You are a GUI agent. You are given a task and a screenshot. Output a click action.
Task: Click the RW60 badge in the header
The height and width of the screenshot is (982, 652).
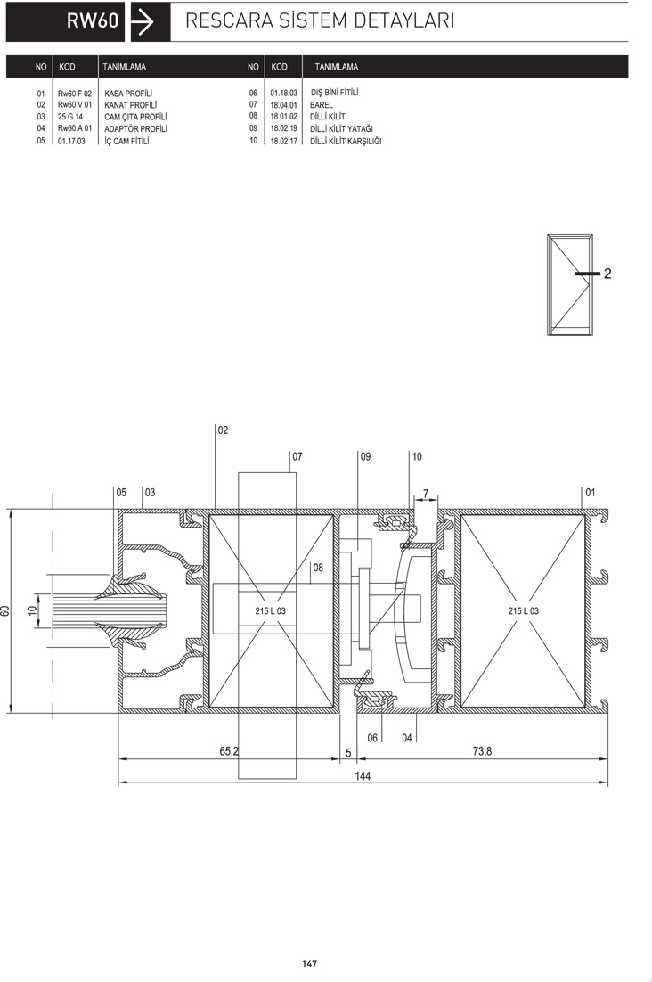65,22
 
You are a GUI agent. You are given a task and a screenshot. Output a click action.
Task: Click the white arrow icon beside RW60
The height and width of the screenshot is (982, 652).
144,22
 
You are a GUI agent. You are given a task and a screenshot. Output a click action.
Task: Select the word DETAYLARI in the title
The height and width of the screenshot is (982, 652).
403,20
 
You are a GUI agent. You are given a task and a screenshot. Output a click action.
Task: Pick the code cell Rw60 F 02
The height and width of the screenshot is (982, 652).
75,94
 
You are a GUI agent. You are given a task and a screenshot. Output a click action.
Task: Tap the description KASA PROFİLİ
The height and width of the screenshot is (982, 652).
128,94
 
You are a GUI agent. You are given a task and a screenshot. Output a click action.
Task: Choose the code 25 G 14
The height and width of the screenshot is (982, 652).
70,117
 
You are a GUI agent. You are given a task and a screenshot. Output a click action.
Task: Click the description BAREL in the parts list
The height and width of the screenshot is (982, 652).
321,105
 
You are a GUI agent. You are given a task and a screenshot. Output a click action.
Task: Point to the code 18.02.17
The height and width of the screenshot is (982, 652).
283,141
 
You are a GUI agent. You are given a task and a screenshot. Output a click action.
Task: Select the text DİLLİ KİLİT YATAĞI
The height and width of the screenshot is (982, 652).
342,128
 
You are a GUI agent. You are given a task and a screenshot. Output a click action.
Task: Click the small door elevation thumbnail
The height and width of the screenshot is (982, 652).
570,285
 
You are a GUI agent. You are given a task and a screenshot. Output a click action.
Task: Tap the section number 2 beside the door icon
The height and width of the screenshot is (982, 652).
607,274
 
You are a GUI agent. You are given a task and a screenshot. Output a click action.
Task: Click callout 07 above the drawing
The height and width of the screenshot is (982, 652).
297,456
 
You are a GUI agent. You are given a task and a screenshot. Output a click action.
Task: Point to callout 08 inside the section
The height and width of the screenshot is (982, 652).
318,568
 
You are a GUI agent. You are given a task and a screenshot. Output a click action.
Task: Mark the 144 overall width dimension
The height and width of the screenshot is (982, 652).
363,776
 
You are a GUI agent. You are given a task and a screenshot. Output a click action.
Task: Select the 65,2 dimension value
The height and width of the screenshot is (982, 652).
229,751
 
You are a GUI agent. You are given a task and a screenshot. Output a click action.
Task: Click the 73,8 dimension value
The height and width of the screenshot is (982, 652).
482,751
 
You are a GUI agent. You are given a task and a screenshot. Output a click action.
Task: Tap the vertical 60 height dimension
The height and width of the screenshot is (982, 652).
5,610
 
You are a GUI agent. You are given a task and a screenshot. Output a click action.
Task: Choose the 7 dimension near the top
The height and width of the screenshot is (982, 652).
426,494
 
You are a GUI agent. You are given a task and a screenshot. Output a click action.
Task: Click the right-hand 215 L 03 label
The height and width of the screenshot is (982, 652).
523,610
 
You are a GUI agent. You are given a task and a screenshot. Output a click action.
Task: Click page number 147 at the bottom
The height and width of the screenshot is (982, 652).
310,964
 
